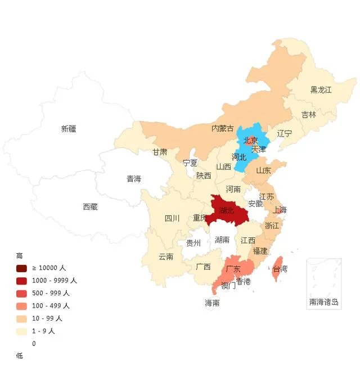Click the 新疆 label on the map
(x=69, y=129)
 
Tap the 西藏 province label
(x=90, y=207)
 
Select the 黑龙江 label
(x=321, y=89)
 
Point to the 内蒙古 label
(x=222, y=128)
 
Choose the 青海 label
(x=134, y=179)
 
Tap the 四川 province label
(x=172, y=218)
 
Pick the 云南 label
(x=166, y=256)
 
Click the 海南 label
(x=212, y=303)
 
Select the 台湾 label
(x=280, y=269)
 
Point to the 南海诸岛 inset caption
(x=323, y=302)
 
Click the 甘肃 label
(x=160, y=152)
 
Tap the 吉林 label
(x=309, y=115)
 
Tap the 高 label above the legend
(x=20, y=255)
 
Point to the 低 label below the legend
(x=20, y=355)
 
